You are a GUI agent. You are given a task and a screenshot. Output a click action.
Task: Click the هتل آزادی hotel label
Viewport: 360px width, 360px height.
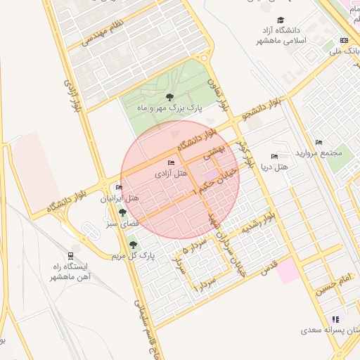(172, 173)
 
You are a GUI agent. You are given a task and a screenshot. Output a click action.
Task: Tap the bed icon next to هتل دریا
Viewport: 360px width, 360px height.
(274, 157)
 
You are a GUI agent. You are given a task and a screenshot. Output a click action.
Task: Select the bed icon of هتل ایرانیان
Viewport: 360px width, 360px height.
(118, 188)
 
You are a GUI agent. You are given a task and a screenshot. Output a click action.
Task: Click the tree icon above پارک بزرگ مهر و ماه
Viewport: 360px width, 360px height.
(169, 97)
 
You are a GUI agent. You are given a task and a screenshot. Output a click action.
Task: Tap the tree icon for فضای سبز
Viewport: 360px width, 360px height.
(122, 212)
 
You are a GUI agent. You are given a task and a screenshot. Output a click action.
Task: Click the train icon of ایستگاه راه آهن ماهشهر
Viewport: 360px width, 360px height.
(71, 256)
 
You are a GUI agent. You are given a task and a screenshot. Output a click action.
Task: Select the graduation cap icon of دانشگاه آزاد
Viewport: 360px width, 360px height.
(281, 20)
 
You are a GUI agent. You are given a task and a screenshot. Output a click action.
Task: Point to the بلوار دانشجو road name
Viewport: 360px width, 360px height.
(262, 108)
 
